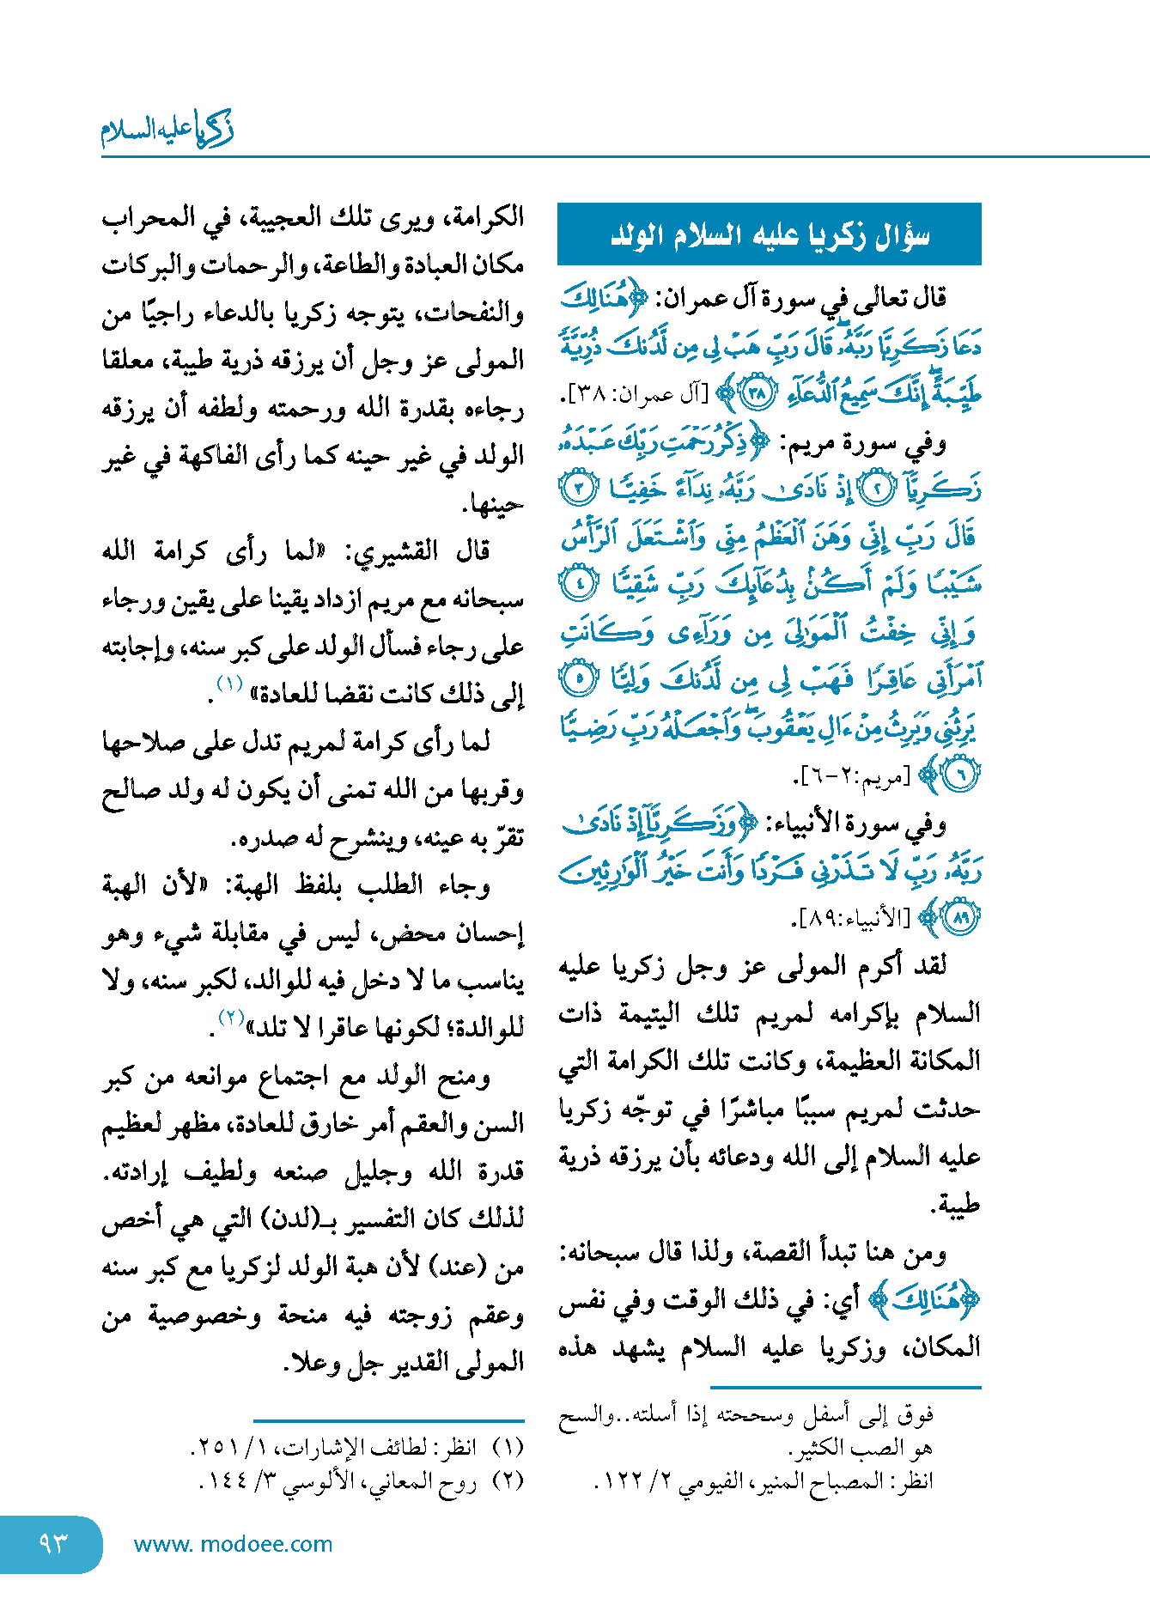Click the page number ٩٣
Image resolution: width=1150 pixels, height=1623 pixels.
click(x=52, y=1544)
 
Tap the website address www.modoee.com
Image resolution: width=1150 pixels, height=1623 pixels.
click(x=233, y=1544)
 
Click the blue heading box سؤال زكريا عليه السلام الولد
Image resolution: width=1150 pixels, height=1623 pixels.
click(x=769, y=234)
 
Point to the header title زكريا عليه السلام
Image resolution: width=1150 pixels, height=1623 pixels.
click(x=167, y=130)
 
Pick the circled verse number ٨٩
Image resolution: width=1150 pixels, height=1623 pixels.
click(x=960, y=918)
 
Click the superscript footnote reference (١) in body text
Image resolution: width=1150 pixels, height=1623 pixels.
click(x=230, y=684)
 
